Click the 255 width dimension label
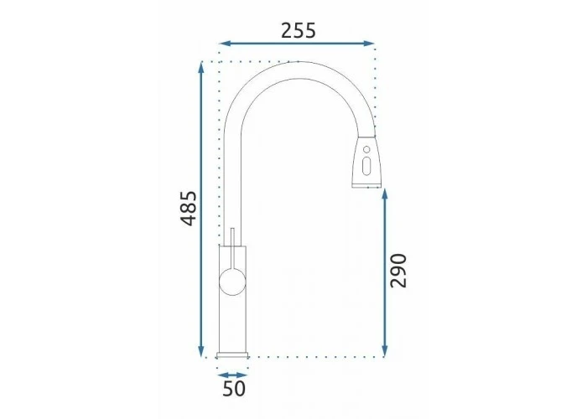tap(299, 31)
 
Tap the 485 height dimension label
tap(189, 209)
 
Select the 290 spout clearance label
tap(398, 271)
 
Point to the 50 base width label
tap(234, 388)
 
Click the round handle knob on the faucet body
tap(232, 282)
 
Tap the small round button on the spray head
tap(367, 150)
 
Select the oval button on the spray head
tap(367, 166)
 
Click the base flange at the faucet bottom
tap(232, 355)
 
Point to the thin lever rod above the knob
tap(232, 248)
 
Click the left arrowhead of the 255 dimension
tap(224, 44)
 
